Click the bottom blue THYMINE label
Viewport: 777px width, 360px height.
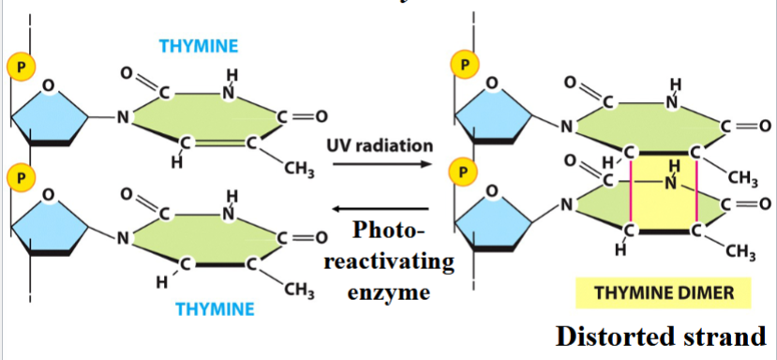click(x=215, y=308)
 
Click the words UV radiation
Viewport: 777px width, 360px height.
click(x=380, y=146)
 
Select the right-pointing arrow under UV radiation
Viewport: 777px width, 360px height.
click(x=380, y=166)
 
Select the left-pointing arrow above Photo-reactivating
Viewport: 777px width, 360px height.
click(x=380, y=209)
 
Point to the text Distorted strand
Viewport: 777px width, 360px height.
click(x=663, y=335)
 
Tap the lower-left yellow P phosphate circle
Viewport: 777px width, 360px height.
click(x=17, y=175)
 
